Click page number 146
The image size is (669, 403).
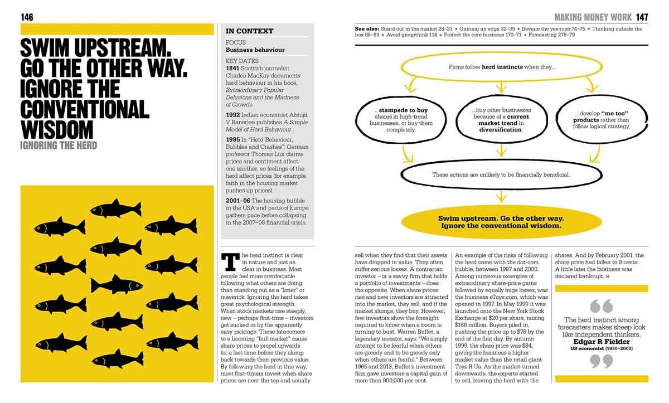[x=27, y=17]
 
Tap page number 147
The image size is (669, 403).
[x=642, y=17]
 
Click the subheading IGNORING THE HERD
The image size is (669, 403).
[x=59, y=145]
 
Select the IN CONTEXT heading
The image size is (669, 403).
[x=249, y=31]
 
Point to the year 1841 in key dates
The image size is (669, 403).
[x=232, y=67]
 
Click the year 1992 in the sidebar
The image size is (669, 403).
[x=233, y=114]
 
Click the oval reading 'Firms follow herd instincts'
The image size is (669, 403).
[x=502, y=67]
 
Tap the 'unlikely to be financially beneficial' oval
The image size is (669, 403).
[x=501, y=174]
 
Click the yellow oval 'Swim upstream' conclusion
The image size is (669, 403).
[x=501, y=222]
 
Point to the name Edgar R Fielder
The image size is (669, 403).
[x=593, y=342]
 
